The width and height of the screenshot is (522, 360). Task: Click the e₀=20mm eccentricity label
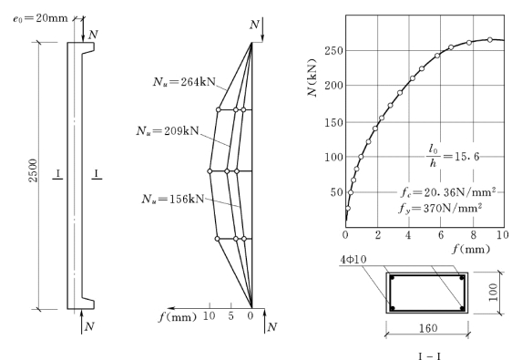point(41,18)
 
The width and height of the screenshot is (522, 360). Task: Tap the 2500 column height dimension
point(34,170)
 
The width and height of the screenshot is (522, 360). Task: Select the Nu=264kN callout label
point(184,82)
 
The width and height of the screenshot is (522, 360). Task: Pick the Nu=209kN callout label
point(168,131)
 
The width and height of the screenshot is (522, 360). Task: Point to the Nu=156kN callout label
point(173,199)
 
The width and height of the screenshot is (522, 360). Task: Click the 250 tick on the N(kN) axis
point(334,51)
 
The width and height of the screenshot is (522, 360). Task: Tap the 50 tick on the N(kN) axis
point(336,192)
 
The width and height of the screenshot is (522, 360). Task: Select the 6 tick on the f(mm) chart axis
point(441,235)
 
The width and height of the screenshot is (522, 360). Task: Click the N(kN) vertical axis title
point(312,77)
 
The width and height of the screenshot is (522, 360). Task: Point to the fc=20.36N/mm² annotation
point(448,192)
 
